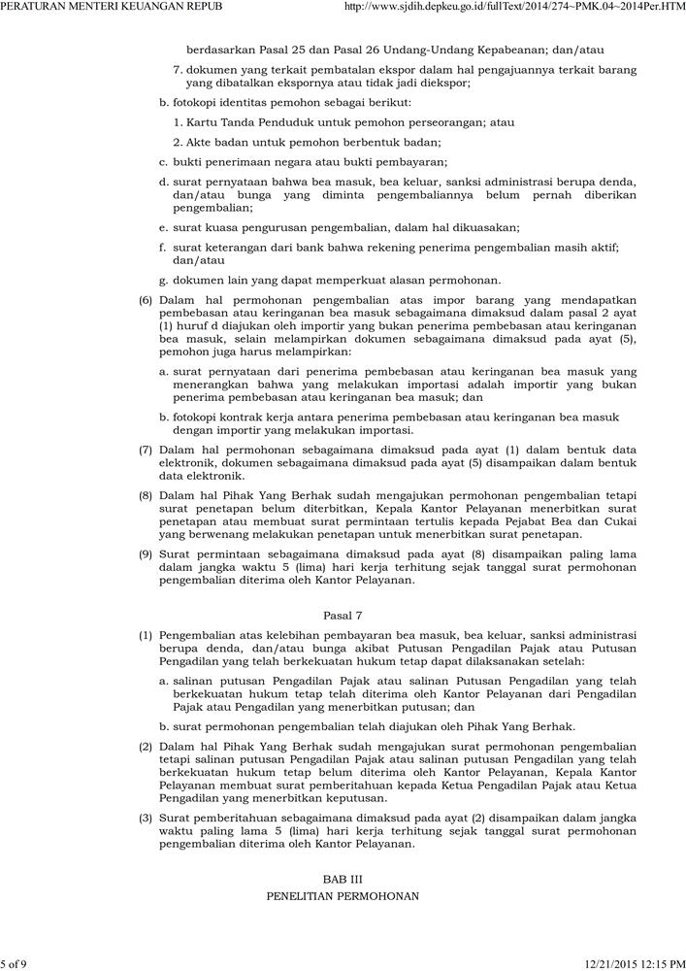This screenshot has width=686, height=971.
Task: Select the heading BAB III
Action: click(343, 878)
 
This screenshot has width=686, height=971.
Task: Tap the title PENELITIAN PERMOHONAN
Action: click(343, 896)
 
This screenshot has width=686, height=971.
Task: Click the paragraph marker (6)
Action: click(146, 301)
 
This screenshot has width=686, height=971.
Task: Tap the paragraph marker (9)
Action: click(146, 553)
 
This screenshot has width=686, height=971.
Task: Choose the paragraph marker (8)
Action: click(146, 495)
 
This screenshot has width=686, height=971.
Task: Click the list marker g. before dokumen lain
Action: click(164, 281)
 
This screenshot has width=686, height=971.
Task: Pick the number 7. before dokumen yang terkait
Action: click(179, 70)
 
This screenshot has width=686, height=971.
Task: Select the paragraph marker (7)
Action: click(146, 450)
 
